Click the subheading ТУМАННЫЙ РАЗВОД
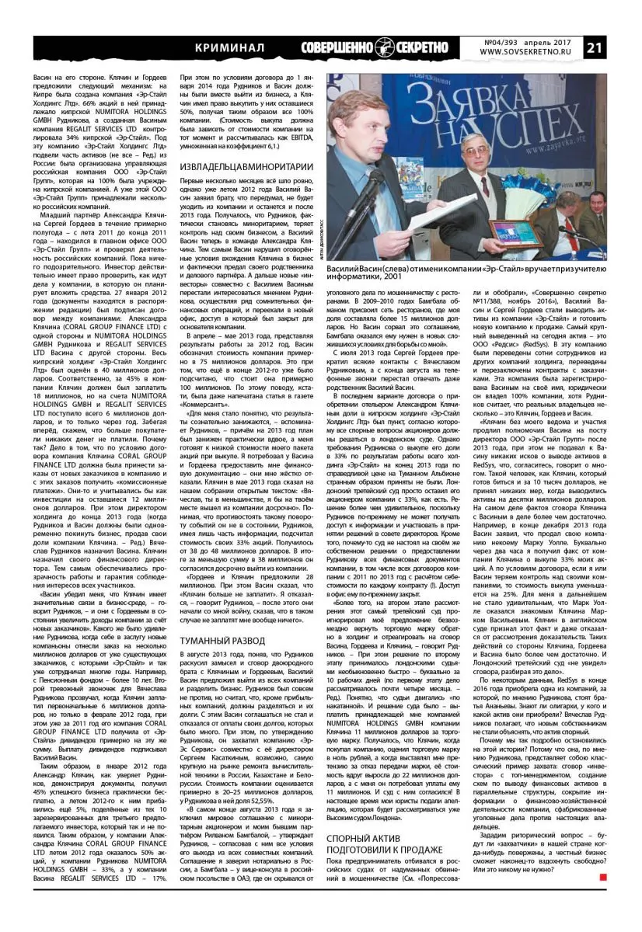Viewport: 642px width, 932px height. tap(222, 642)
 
